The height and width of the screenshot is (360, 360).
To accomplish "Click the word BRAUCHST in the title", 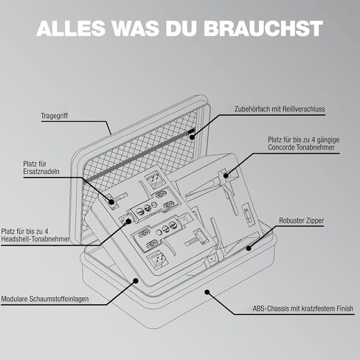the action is [263, 28].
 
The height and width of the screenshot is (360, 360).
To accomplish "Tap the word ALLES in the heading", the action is [71, 28].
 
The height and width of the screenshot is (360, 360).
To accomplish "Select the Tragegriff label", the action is [55, 116].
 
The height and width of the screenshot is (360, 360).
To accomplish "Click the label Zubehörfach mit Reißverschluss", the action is [280, 109].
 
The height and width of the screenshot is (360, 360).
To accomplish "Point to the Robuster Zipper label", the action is [302, 221].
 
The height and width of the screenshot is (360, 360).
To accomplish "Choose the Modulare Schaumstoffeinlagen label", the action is [45, 299].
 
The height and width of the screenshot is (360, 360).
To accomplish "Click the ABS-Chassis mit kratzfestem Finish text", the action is [303, 308].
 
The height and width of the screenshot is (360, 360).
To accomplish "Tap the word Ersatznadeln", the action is [41, 171].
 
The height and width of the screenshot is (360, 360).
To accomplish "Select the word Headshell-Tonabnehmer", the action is [35, 239].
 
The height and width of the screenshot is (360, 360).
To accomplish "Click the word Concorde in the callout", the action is [282, 148].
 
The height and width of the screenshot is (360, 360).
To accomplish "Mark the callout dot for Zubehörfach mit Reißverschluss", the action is [193, 136].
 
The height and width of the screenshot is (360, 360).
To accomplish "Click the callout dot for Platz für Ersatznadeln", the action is [111, 202].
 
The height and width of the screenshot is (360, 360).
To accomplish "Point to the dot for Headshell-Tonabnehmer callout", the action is [128, 221].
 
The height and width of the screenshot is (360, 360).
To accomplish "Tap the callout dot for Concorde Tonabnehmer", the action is [226, 176].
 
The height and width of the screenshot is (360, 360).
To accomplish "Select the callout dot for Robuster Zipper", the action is [249, 248].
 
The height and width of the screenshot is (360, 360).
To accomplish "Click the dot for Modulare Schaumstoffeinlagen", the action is [136, 280].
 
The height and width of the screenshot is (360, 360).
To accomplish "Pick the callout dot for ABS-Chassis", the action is [207, 292].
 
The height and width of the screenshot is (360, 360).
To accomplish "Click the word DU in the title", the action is [181, 28].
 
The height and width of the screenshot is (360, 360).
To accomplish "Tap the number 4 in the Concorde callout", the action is [314, 140].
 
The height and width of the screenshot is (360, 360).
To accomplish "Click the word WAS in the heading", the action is [136, 28].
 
